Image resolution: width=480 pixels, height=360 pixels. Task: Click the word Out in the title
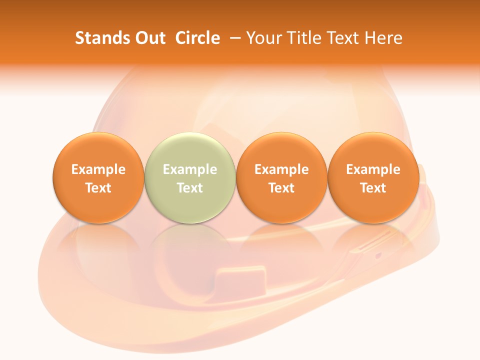click(149, 38)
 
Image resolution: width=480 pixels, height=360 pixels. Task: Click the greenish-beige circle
click(189, 177)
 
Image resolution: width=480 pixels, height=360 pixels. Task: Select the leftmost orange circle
click(98, 177)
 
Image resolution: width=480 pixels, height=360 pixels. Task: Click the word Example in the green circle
click(189, 169)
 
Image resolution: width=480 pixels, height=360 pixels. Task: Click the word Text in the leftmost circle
click(98, 188)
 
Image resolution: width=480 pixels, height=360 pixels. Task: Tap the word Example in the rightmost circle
click(373, 169)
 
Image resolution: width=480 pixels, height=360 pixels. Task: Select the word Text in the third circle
click(281, 188)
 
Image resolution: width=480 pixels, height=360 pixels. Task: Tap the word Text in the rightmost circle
click(373, 188)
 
